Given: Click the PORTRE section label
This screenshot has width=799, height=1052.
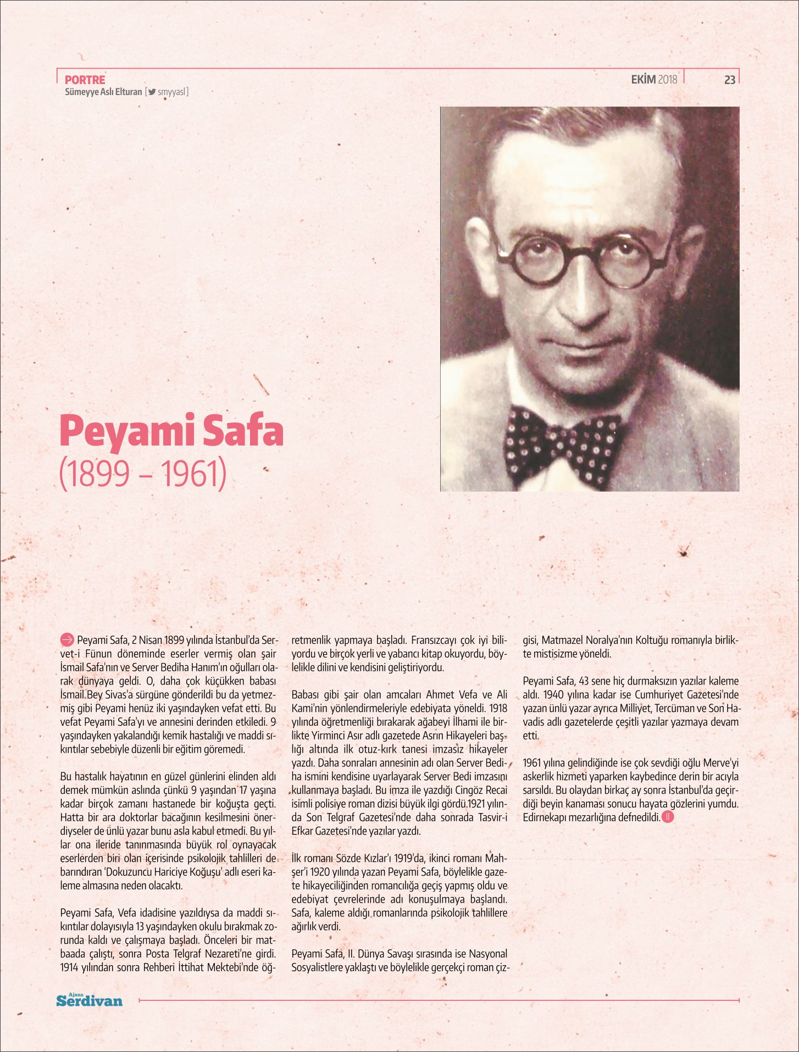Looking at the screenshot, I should tap(85, 80).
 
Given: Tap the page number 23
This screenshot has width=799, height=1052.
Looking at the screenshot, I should tap(729, 80).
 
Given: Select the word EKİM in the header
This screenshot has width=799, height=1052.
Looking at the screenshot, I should tap(643, 80).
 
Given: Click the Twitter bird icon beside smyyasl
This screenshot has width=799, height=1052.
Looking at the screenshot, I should tap(152, 92).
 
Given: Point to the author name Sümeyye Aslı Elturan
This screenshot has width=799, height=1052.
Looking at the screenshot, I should tap(103, 92).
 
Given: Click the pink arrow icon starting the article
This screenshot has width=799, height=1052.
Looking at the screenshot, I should tap(66, 639).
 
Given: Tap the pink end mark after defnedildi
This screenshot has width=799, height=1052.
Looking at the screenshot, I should tap(668, 817).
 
